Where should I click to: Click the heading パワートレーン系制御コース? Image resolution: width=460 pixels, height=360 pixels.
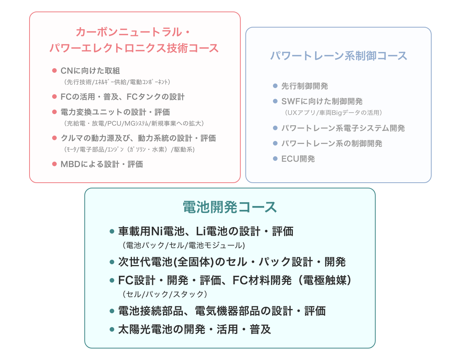click(338, 56)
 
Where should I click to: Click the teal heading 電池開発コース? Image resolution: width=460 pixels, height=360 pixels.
click(230, 207)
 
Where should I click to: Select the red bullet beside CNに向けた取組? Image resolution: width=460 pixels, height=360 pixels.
click(54, 70)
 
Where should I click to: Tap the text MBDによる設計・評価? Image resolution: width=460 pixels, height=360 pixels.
click(102, 164)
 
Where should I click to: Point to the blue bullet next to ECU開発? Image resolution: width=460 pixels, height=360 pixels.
click(275, 159)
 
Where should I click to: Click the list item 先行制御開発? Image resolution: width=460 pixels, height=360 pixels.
click(305, 86)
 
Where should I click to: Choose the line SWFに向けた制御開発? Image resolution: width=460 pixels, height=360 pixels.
click(322, 101)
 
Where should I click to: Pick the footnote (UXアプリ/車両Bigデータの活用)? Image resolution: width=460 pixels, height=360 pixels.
click(333, 113)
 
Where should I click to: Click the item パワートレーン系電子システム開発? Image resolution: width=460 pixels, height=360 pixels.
click(343, 128)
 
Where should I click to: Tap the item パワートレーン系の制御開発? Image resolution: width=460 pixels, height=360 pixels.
click(332, 144)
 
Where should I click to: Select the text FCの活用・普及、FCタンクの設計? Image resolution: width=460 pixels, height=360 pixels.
click(123, 97)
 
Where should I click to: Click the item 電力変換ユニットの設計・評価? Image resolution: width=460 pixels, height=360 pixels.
click(115, 112)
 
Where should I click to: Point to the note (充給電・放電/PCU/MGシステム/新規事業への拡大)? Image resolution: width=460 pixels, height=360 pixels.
click(134, 123)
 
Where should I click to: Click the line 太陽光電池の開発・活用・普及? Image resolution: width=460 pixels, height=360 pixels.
click(194, 329)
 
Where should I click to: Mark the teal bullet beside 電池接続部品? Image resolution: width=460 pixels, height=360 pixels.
click(112, 311)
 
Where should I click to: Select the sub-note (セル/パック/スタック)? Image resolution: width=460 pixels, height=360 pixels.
click(165, 294)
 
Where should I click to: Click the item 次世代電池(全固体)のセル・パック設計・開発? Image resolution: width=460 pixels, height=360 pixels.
click(232, 262)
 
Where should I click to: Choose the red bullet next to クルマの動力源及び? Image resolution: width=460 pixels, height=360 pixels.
click(54, 138)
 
